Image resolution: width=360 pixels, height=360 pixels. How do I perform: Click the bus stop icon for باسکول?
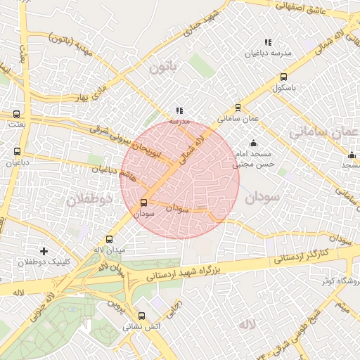[x=283, y=77]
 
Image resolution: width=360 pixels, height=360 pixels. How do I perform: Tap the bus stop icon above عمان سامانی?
[x=238, y=108]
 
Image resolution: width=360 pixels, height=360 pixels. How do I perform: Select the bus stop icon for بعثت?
[x=16, y=113]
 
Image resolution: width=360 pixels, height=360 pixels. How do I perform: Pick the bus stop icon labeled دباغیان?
[x=17, y=151]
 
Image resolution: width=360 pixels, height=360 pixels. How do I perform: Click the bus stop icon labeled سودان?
[x=144, y=203]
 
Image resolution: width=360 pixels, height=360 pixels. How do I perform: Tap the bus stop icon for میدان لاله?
[x=109, y=240]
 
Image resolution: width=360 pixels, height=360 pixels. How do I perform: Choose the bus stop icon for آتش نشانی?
[x=142, y=316]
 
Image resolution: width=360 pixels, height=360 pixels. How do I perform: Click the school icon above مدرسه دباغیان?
[x=266, y=42]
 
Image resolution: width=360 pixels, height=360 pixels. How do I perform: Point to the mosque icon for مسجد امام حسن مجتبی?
[x=254, y=143]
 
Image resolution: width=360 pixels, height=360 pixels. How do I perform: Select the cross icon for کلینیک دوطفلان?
[x=44, y=251]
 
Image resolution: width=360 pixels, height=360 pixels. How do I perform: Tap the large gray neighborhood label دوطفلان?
[x=89, y=200]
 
